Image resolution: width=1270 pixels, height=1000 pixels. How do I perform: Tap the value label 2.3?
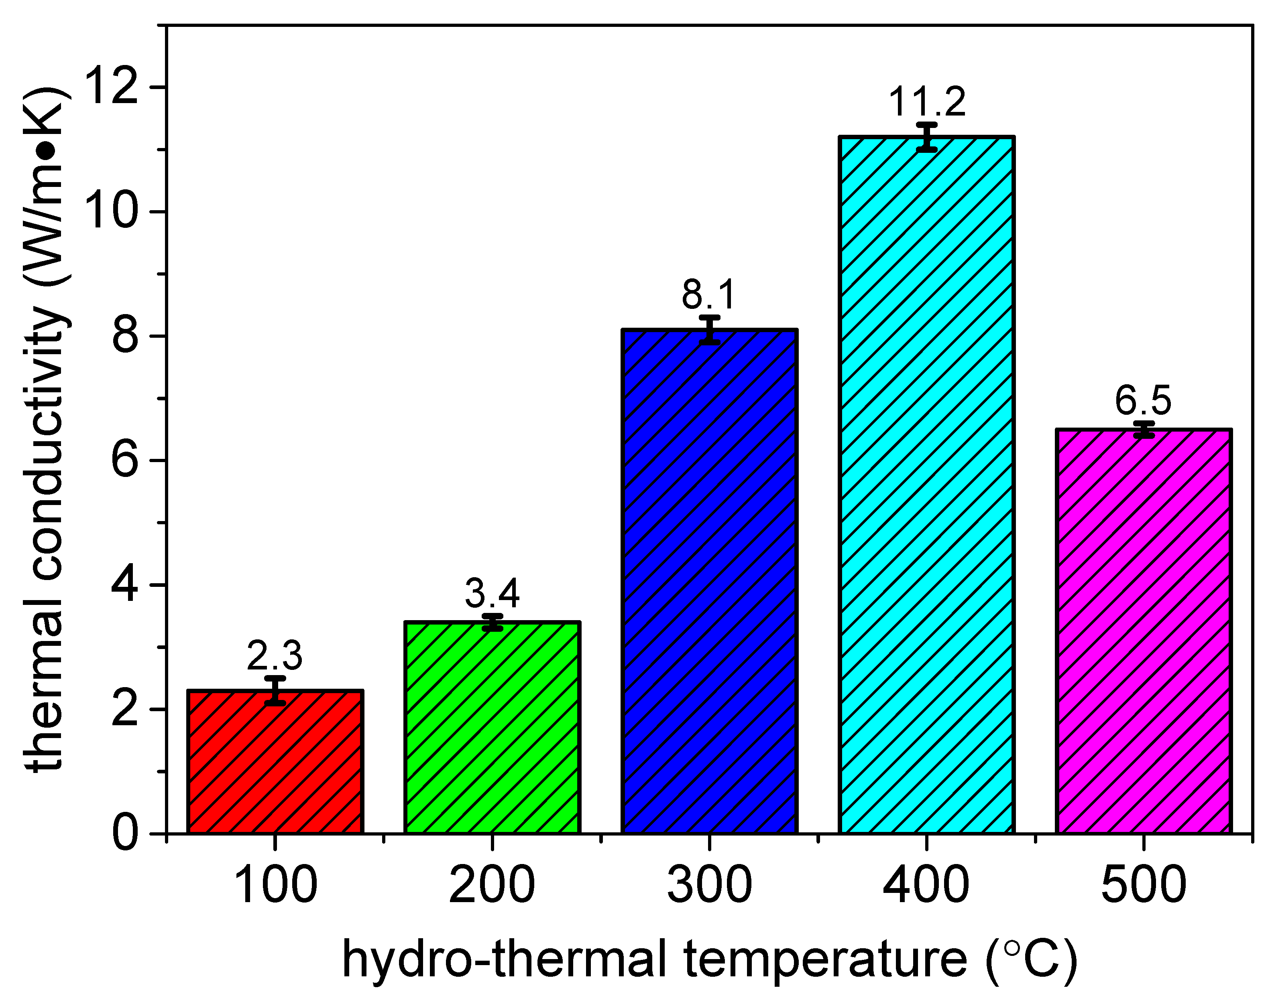(275, 656)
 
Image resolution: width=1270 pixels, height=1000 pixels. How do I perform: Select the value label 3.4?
(492, 594)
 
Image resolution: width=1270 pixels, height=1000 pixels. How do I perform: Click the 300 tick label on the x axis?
(709, 885)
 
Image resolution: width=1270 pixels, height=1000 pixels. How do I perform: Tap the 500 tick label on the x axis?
(1144, 885)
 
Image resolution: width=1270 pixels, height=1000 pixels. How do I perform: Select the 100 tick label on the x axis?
(275, 885)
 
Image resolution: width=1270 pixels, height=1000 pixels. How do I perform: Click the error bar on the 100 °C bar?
(275, 690)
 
